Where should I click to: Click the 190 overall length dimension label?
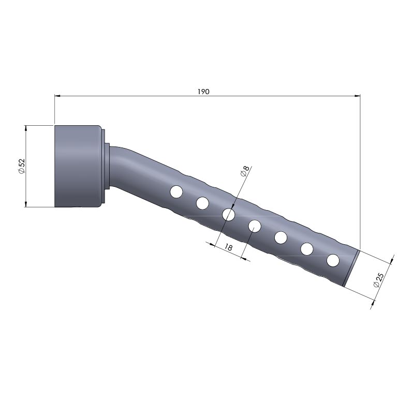click(203, 92)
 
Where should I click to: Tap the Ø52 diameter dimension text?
click(21, 166)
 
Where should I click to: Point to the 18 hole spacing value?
click(228, 248)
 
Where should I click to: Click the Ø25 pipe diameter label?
click(378, 280)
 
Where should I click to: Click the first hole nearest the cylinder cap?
click(176, 191)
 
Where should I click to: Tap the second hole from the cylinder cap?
click(202, 203)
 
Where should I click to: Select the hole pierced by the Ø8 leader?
click(229, 214)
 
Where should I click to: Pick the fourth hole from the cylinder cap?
click(255, 226)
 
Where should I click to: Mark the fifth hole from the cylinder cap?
click(280, 238)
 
